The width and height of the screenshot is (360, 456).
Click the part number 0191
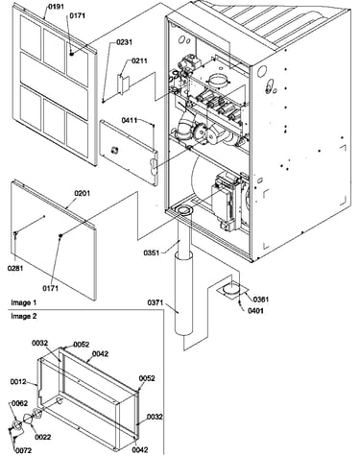pos(56,6)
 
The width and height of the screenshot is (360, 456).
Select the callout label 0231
pos(125,42)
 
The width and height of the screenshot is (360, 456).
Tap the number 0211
pos(139,60)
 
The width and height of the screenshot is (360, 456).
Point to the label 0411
pos(130,120)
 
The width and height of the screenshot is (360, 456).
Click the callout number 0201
pos(83,193)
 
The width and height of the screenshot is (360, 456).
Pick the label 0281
pos(15,268)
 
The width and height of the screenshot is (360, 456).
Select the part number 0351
pos(151,252)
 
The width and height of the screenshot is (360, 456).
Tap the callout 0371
pos(156,301)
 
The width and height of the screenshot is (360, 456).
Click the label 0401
pos(255,310)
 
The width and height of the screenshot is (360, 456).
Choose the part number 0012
pos(18,381)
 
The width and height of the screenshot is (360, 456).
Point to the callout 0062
pos(20,403)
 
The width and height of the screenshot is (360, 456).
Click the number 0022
pos(43,437)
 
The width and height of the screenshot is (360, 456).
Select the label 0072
pos(24,450)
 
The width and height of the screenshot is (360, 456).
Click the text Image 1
pos(24,302)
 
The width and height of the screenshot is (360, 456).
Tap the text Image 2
pos(24,316)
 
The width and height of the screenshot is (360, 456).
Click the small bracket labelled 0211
pos(123,84)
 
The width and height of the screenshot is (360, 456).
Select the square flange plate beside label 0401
pos(232,291)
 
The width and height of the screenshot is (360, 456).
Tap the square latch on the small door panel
pos(114,150)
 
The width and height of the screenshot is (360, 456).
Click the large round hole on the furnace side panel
pos(262,71)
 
